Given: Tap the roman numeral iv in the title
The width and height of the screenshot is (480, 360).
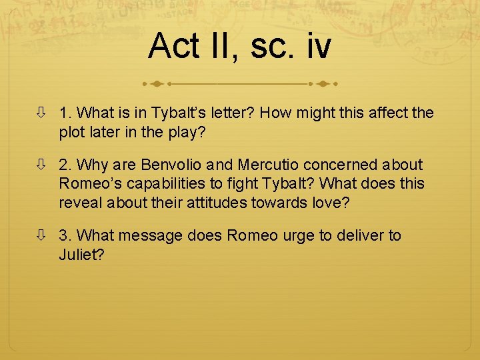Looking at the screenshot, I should click(313, 47).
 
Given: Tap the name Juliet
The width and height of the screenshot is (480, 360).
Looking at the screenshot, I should click(81, 254).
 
